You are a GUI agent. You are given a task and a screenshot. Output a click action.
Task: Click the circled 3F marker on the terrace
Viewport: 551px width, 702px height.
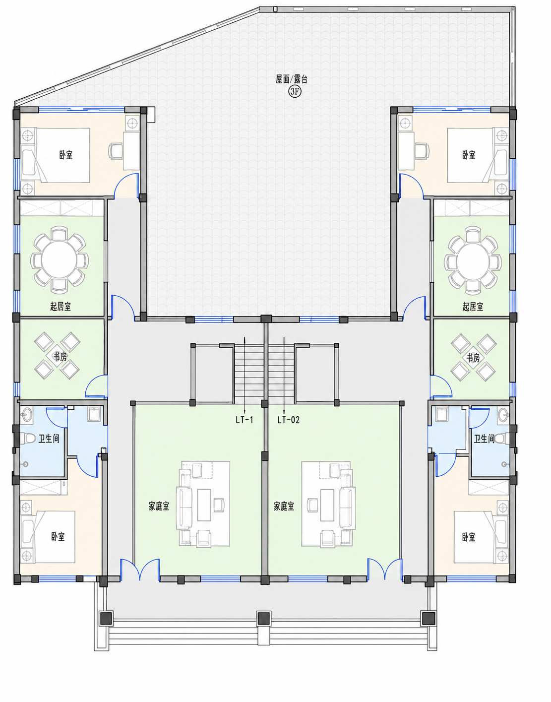point(295,92)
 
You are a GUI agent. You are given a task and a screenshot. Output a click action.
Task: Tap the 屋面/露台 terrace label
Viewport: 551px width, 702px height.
point(291,79)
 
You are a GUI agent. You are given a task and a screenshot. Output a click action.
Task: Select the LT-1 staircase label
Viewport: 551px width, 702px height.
point(245,420)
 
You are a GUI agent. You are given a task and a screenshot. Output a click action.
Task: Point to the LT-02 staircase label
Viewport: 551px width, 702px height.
point(288,420)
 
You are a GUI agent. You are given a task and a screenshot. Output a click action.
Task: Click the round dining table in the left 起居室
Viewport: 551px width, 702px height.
point(60,260)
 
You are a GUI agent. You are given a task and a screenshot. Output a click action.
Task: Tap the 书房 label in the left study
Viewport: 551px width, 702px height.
point(61,357)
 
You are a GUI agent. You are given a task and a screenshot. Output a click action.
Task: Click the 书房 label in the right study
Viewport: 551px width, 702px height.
point(473,358)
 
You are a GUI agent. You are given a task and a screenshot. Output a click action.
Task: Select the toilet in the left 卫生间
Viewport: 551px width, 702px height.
point(28,439)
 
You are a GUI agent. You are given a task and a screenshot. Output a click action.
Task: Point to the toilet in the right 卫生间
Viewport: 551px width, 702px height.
point(502,439)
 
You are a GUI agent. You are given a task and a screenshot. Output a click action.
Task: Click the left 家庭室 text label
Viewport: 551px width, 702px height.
point(159,506)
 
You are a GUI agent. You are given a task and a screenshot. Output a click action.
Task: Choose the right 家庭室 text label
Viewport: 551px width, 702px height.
point(284,506)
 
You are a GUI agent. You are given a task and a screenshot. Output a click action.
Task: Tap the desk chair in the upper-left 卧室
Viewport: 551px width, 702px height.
point(115,151)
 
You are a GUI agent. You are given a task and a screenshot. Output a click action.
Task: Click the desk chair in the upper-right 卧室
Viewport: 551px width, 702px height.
point(422,151)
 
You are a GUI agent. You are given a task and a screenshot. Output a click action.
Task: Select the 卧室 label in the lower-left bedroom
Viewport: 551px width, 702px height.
point(58,537)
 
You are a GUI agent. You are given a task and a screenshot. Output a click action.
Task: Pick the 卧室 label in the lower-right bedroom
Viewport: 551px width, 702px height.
point(468,537)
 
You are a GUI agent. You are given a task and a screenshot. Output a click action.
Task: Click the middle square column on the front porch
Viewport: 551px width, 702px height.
point(264,618)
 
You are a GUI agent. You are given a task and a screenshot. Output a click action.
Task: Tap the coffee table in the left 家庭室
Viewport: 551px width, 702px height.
point(204,505)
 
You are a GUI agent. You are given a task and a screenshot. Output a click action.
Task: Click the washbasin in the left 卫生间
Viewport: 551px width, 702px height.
point(26,414)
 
